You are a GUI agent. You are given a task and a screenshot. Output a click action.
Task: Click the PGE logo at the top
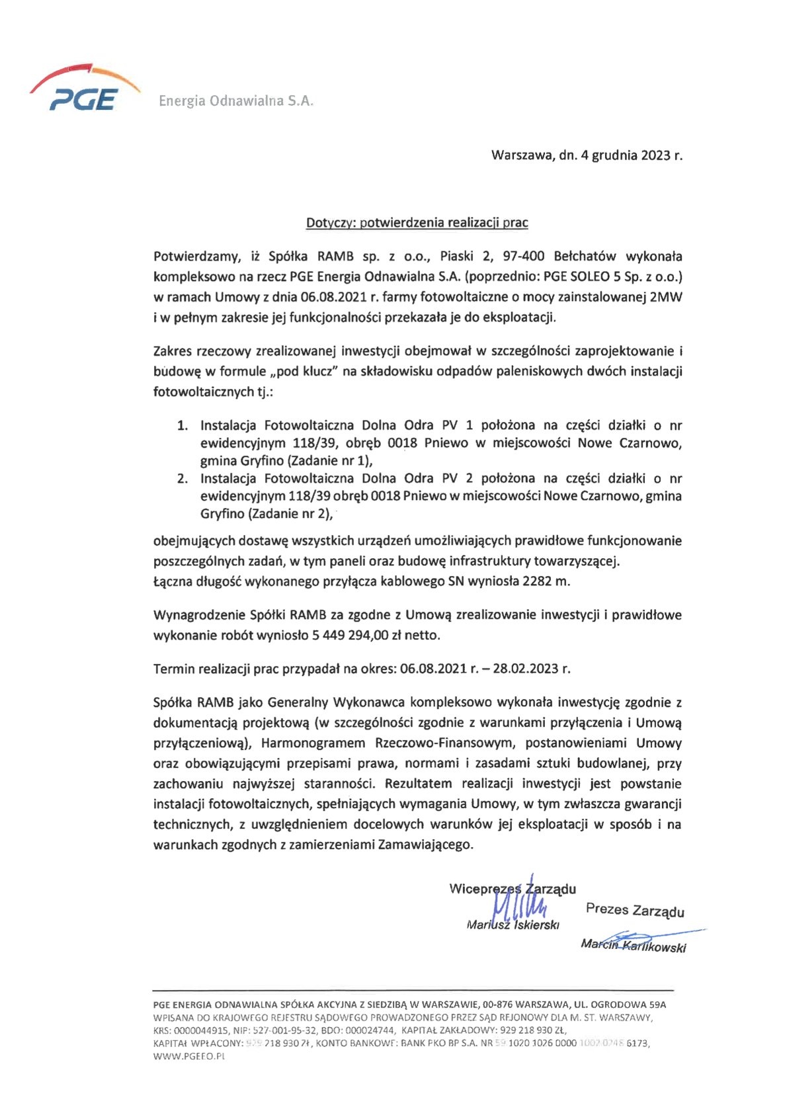pos(84,89)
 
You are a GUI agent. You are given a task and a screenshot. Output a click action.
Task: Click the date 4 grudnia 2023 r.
pos(631,156)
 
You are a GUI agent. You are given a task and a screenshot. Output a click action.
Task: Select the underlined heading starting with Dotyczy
pos(417,223)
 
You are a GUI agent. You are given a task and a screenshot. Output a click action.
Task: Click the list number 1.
pos(183,425)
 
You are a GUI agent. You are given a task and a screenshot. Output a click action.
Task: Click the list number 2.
pos(183,479)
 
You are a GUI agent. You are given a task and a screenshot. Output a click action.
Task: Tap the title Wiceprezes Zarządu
pos(512,889)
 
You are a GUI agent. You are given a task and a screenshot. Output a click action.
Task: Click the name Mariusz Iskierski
pos(513,925)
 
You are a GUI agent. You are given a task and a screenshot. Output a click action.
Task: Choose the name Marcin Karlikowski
pos(633,946)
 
